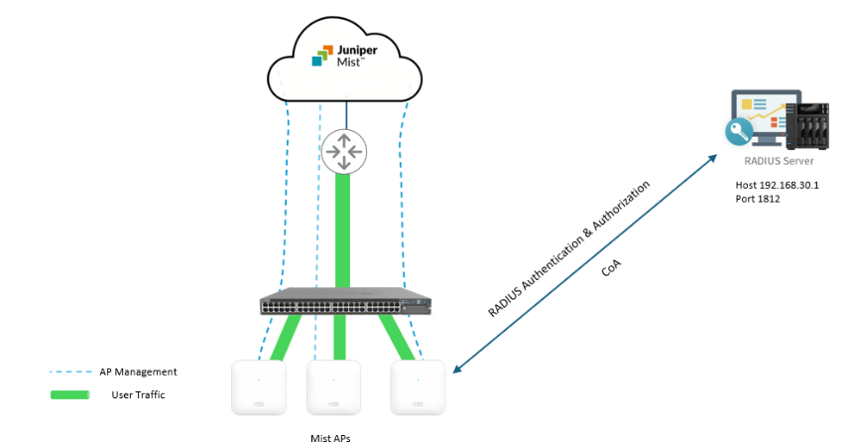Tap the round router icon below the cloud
pyautogui.click(x=344, y=150)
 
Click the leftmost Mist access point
pyautogui.click(x=258, y=387)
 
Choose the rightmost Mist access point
pyautogui.click(x=418, y=387)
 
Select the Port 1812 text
pyautogui.click(x=760, y=200)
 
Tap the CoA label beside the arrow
pyautogui.click(x=612, y=268)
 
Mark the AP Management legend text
pyautogui.click(x=138, y=372)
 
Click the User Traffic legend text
pyautogui.click(x=138, y=394)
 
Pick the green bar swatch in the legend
pyautogui.click(x=68, y=395)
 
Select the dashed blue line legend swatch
pyautogui.click(x=68, y=373)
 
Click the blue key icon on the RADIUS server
pyautogui.click(x=739, y=132)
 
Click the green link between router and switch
pyautogui.click(x=343, y=228)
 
